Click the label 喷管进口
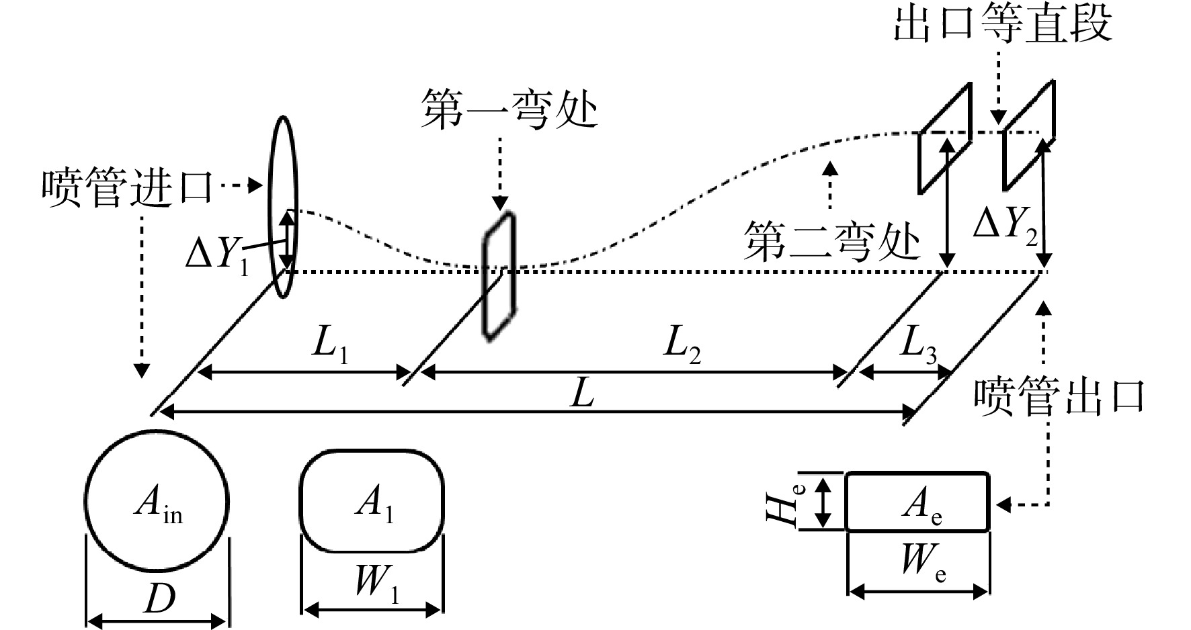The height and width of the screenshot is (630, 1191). tap(127, 187)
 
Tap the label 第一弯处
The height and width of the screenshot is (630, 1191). tap(509, 109)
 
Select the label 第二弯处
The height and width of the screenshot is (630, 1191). tap(831, 241)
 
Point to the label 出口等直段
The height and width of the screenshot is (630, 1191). tap(1002, 24)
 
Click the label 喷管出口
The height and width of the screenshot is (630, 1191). tap(1059, 396)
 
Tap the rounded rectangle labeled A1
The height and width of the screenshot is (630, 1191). tap(371, 501)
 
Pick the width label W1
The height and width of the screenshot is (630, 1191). tap(376, 582)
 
